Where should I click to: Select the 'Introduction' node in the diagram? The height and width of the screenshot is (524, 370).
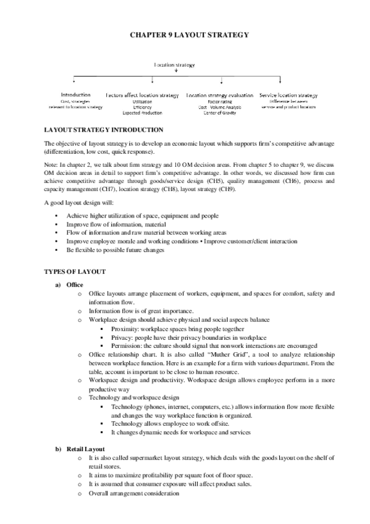tap(76, 95)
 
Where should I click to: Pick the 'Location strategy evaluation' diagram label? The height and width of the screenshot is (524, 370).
tap(220, 96)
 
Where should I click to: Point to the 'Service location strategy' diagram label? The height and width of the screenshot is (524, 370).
tap(288, 95)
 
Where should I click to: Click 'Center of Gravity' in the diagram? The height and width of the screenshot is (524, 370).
tap(220, 112)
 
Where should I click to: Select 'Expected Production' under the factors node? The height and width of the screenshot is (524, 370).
tap(143, 113)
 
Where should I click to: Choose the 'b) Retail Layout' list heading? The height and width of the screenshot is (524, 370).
tap(80, 448)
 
